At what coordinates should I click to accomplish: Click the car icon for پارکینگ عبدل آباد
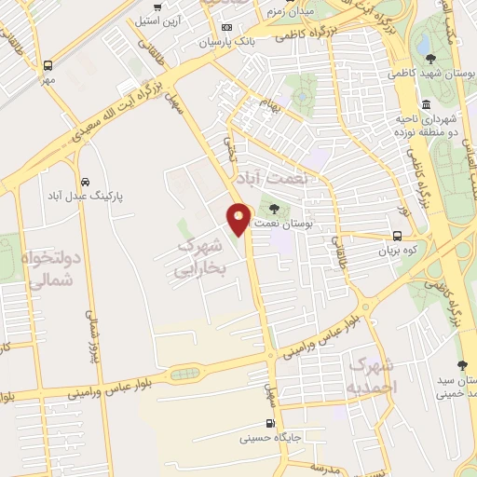(x=86, y=182)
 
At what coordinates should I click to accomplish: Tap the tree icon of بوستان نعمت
(x=274, y=208)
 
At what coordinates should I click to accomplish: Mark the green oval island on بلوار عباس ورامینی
(x=184, y=374)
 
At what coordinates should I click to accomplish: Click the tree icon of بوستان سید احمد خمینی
(x=462, y=365)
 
